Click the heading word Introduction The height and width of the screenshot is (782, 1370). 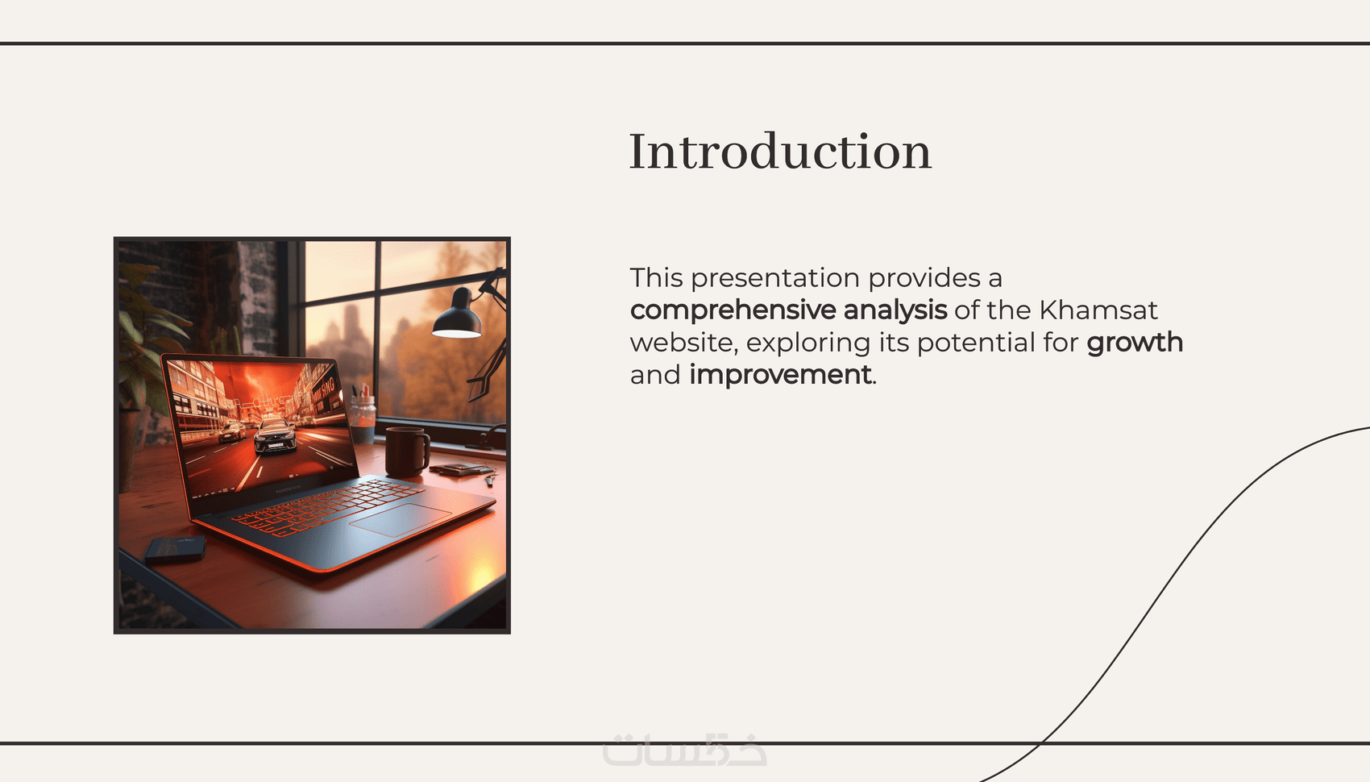[x=780, y=151]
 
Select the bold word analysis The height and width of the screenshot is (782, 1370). [x=895, y=310]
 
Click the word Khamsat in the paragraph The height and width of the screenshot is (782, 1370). [x=1098, y=310]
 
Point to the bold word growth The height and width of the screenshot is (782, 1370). [x=1135, y=342]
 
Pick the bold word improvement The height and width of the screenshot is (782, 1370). [x=780, y=375]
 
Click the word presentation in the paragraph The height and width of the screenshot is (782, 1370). [x=775, y=278]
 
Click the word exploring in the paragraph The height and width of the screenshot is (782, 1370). [x=808, y=343]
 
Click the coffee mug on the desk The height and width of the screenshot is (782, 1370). [x=407, y=451]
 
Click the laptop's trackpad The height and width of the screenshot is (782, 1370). [x=401, y=519]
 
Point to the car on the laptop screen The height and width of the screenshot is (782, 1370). [x=276, y=435]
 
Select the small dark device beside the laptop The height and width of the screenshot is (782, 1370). [x=176, y=549]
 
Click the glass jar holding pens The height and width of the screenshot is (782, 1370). [x=363, y=418]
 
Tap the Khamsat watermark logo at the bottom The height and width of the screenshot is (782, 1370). [x=684, y=751]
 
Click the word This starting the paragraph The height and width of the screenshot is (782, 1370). [x=656, y=278]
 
